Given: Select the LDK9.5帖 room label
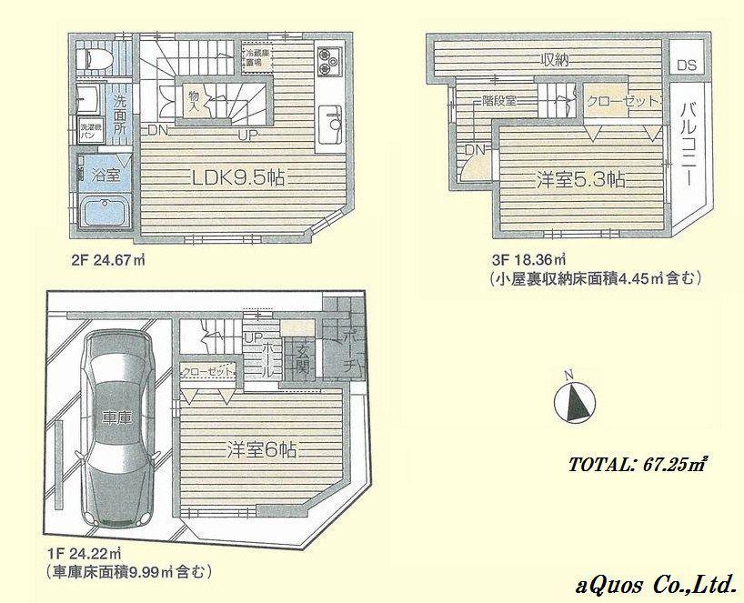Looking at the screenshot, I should coord(239,178).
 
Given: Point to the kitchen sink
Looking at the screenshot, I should coord(331,116).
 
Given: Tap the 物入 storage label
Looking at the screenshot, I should coord(193,99).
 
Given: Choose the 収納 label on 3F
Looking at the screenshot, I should coord(555,61).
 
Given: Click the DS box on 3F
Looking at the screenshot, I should coord(687,65).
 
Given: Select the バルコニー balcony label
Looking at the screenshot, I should coord(688,146).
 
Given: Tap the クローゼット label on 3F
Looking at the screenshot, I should coord(622,102).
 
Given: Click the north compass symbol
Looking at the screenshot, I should coord(573,400).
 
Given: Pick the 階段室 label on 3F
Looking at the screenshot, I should coord(498,101).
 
